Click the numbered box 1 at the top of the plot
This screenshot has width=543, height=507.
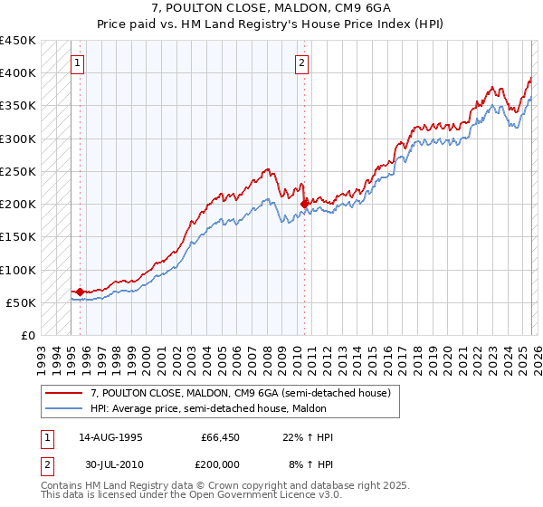[78, 63]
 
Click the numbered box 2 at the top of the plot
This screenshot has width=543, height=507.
[301, 63]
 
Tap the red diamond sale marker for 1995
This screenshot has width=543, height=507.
[80, 292]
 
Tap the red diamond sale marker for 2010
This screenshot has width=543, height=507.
[304, 204]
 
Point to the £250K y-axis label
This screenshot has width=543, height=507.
[18, 171]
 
